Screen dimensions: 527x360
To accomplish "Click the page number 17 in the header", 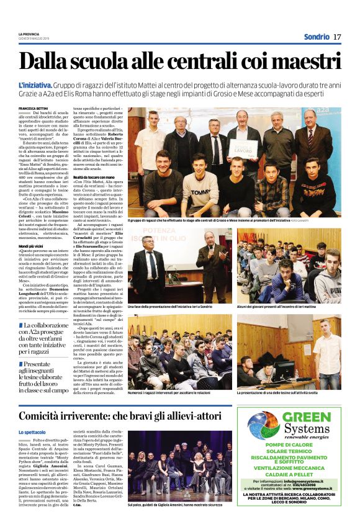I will pos(337,37).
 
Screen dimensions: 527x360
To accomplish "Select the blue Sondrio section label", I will pos(315,37).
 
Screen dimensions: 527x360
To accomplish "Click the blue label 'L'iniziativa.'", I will pos(36,84).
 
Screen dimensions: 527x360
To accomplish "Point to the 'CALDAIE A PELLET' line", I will pos(294,472).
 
